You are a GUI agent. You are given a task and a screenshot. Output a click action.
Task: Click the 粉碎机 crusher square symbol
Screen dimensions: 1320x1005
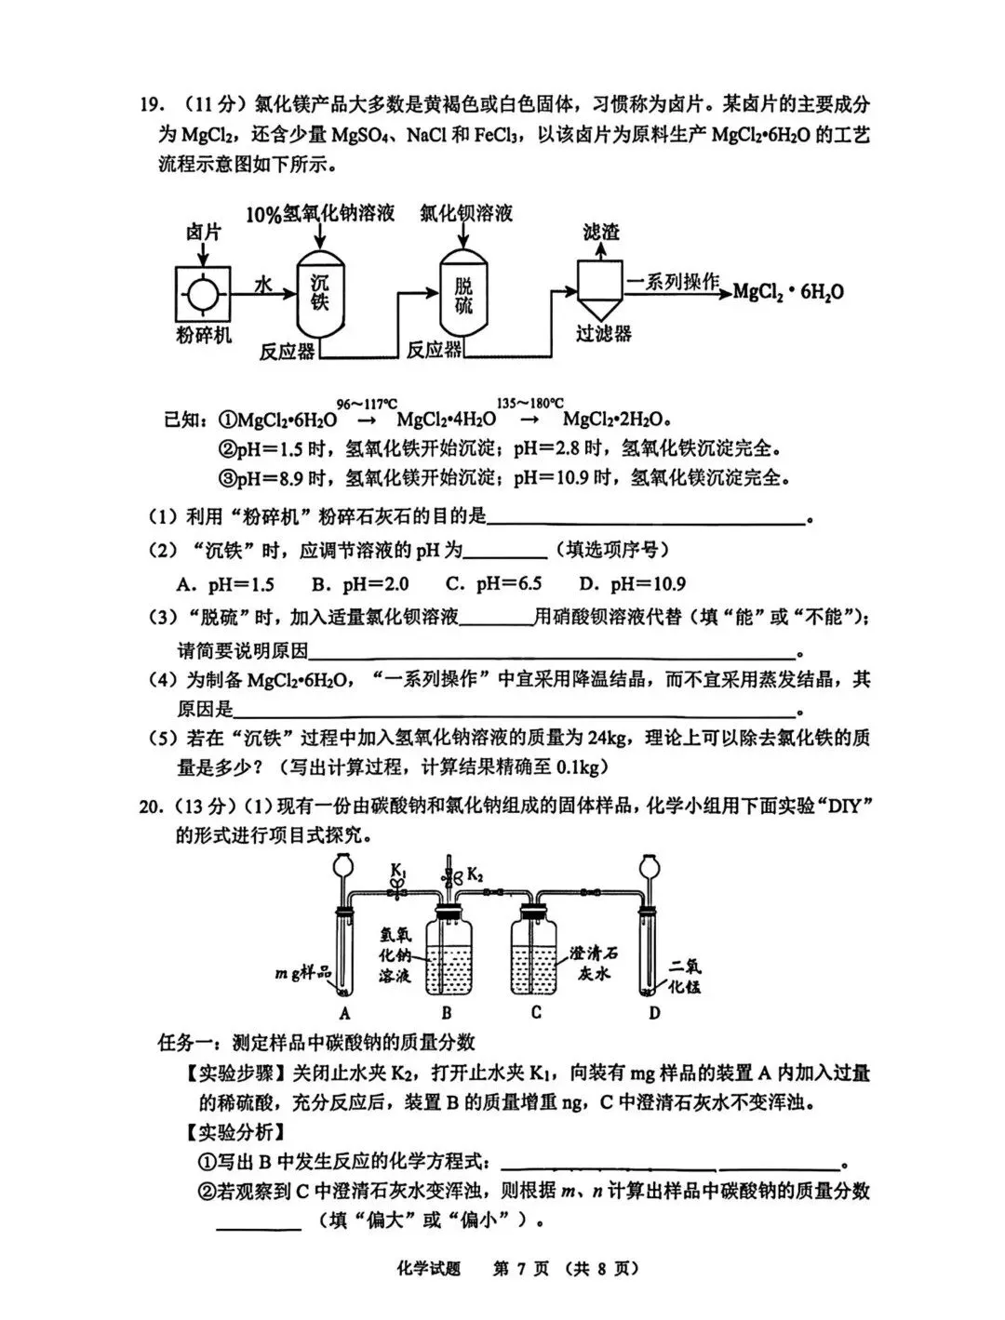point(203,293)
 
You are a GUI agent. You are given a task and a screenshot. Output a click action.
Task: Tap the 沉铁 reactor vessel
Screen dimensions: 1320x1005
point(319,295)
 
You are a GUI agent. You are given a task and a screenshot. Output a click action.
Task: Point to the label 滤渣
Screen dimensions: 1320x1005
point(600,232)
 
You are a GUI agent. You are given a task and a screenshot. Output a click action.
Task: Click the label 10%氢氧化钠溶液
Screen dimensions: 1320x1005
point(320,214)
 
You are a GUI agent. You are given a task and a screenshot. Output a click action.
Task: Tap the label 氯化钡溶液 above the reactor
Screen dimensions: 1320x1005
point(465,213)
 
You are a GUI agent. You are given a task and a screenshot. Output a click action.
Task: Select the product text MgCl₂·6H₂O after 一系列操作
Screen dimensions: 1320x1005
point(788,291)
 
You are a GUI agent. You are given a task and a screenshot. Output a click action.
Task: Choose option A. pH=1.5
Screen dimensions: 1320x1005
point(225,584)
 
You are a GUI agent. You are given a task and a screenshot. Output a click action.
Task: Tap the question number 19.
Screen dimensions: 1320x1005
point(151,104)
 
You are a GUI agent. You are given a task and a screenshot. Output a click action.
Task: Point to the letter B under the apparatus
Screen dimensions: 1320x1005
point(447,1013)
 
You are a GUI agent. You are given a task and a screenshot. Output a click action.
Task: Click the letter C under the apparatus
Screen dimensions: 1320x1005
point(536,1013)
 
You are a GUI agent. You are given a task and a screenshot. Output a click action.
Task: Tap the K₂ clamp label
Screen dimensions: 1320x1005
point(475,874)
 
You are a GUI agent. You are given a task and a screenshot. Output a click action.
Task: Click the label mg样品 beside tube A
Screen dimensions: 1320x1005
point(302,973)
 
